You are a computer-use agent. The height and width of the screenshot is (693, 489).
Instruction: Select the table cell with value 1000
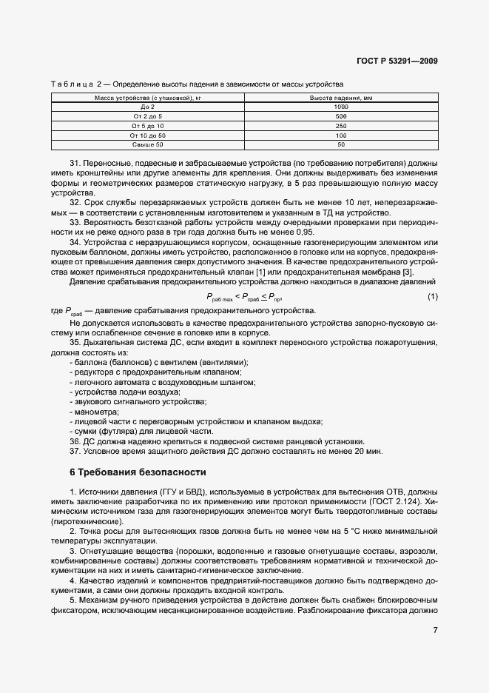pos(341,107)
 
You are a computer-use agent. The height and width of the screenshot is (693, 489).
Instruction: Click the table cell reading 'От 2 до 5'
pos(148,117)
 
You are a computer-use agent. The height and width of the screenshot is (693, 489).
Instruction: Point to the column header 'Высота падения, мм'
pos(341,98)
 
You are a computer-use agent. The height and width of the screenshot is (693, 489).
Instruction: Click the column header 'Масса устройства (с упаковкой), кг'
pos(148,98)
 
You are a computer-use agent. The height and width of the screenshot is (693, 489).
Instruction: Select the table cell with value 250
pos(341,127)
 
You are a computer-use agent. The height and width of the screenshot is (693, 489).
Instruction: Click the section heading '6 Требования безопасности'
pos(138,472)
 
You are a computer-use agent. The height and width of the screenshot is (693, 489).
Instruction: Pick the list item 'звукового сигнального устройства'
pos(139,401)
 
